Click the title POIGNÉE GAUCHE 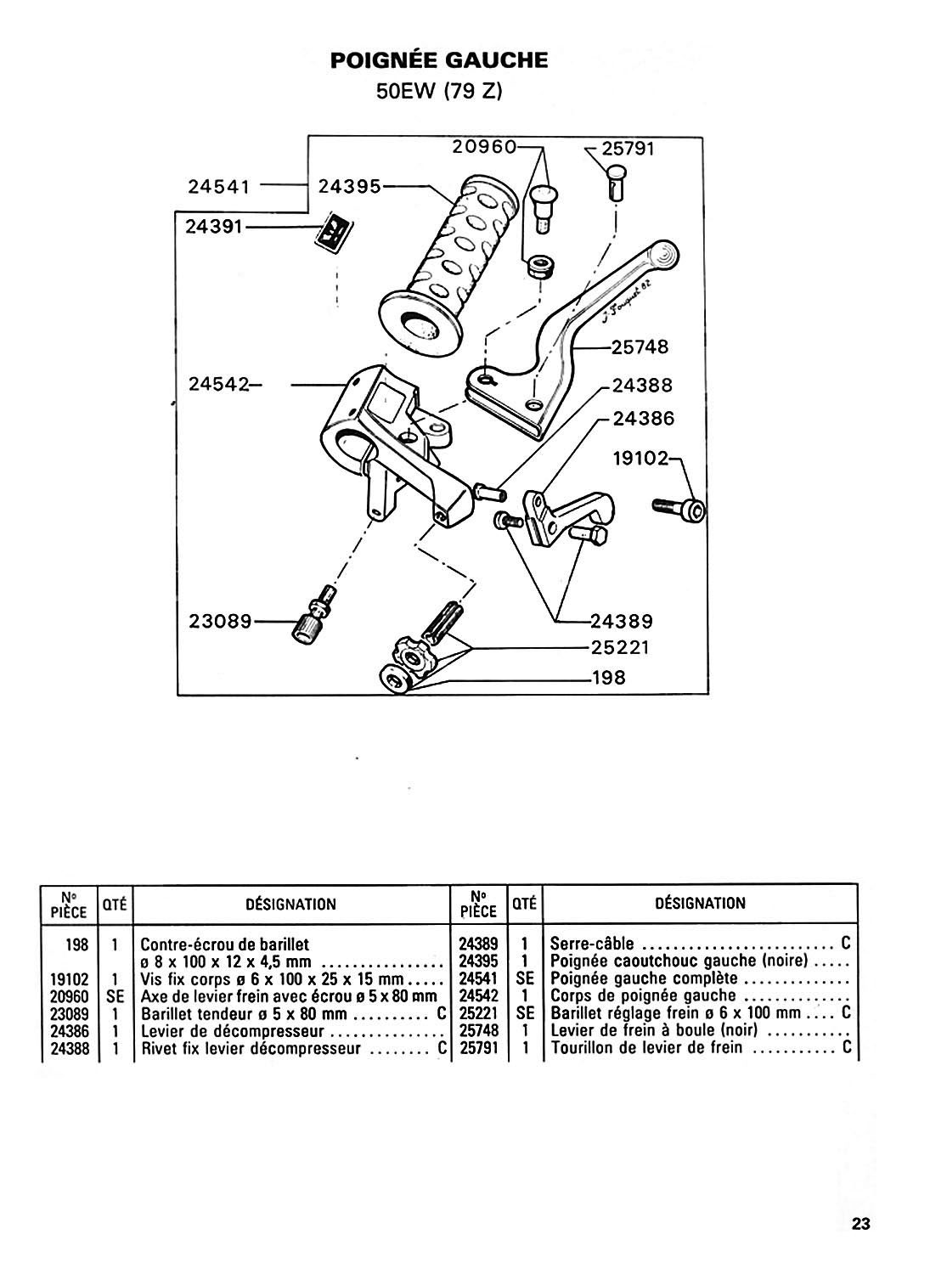439,60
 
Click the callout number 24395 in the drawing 349,186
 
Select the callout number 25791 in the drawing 628,149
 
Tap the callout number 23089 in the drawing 220,621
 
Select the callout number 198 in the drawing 609,678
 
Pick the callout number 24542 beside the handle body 219,385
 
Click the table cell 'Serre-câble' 592,944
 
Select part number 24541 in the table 478,978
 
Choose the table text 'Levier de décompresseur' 232,1030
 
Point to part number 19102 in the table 70,979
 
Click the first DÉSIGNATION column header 290,905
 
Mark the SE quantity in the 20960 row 115,996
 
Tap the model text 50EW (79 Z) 439,92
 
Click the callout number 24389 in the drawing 622,621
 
